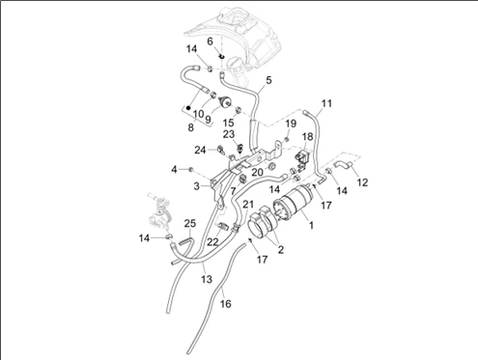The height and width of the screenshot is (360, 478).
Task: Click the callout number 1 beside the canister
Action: coord(311,225)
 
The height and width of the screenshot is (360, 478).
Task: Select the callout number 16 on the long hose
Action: coord(225,303)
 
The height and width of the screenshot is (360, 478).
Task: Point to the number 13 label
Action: coord(207,279)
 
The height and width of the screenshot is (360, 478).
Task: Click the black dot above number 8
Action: coord(188,107)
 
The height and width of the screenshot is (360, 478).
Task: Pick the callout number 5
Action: coord(268,80)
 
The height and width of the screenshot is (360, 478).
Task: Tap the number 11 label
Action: coord(326,103)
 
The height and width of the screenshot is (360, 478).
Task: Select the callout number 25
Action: coord(190,223)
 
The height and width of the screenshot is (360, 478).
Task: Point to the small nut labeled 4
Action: coord(190,169)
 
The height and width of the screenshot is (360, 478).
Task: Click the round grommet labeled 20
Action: coord(272,166)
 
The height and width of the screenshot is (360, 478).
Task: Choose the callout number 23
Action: coord(229,134)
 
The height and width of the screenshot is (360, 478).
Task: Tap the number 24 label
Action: coord(200,150)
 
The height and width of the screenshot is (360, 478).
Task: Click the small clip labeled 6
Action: coord(221,56)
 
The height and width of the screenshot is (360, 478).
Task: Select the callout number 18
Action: coord(307,136)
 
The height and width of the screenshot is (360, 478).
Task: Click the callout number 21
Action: coord(248,204)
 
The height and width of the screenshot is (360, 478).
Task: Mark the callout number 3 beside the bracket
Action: coord(196,186)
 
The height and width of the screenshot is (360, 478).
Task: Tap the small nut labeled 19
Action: coord(287,139)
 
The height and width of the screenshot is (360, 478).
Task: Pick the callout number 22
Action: coord(212,241)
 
